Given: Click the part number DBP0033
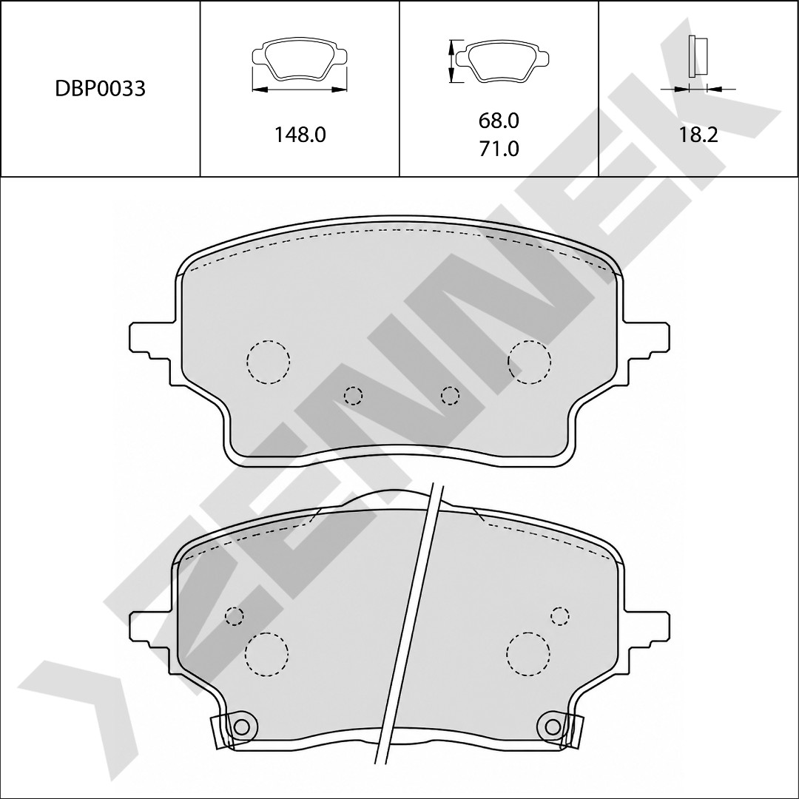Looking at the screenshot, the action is coord(100,89).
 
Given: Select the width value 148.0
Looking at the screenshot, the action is coord(300,135).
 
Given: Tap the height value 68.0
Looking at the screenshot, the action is coord(499,121).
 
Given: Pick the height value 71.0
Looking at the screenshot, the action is coord(499,149).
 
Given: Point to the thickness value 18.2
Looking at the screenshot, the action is coord(698,135).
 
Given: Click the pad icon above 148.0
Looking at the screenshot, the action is coord(300,60).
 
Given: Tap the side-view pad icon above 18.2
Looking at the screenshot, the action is coord(698,57).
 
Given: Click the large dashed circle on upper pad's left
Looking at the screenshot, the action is coord(268,361).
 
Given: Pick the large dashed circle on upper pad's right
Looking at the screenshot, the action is coord(530,361).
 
